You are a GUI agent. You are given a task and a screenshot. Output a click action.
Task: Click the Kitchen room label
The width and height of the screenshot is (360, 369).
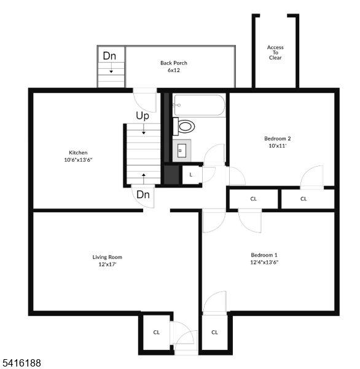(78, 153)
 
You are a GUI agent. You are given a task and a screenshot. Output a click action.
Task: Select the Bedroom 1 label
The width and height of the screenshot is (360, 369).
(264, 255)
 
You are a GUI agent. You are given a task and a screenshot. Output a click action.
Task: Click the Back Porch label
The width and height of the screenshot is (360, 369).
(174, 63)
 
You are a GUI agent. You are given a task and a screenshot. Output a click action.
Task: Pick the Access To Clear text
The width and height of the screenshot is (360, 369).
(275, 53)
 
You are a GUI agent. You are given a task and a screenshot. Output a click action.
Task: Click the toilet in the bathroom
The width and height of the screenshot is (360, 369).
(184, 127)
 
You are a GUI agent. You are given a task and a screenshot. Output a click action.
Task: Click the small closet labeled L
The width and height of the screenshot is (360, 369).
(191, 175)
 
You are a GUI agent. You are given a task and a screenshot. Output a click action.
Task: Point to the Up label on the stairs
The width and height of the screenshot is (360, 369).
(143, 116)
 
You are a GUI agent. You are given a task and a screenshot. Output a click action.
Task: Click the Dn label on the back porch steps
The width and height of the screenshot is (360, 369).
(109, 56)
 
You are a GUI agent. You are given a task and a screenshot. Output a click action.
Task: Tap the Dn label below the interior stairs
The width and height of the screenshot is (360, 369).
(143, 194)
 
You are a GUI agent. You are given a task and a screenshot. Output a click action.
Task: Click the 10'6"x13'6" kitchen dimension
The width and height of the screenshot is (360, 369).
(78, 160)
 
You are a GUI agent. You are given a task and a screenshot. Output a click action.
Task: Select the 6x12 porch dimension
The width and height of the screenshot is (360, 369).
(174, 70)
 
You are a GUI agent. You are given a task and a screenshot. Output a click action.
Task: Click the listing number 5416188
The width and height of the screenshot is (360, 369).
(22, 363)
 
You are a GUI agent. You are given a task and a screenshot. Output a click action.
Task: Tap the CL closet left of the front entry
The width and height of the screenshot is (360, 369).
(157, 332)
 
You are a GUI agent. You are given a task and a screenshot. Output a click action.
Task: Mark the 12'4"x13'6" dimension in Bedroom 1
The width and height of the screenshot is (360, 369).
(264, 262)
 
